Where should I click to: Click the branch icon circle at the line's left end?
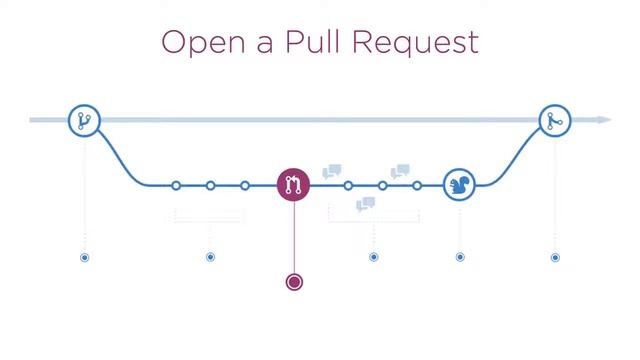84,121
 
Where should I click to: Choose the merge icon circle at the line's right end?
555,121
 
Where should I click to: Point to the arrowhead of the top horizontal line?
605,120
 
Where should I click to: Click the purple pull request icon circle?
294,185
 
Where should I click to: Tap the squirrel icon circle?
460,185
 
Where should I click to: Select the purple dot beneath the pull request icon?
294,282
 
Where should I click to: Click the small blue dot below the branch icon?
84,257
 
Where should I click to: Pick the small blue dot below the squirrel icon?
460,257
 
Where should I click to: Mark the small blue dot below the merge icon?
555,257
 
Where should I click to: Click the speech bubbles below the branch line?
366,205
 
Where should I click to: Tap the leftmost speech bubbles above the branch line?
332,171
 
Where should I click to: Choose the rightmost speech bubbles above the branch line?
400,171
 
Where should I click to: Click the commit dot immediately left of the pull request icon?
245,185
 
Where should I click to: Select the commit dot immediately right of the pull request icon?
348,185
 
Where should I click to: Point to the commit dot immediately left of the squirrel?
417,185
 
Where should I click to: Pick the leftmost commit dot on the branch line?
176,185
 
